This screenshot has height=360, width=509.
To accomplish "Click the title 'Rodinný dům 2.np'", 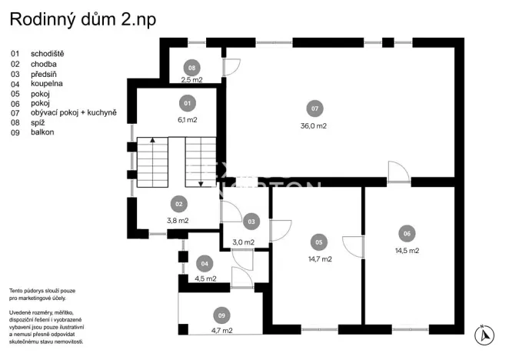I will coord(83,20).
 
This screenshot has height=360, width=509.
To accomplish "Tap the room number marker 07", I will coord(314,108).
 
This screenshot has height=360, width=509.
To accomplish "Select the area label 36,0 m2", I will coord(314,126).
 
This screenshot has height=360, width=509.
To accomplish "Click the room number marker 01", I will coord(187,102).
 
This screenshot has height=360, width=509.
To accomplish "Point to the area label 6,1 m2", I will coord(187,120).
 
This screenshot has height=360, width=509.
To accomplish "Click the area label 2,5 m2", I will coord(191,79).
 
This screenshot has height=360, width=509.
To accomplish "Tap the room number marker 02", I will coord(178,204).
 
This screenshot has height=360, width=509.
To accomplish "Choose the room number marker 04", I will coord(205,263).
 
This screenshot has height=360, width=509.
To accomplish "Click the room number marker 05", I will coord(317,242).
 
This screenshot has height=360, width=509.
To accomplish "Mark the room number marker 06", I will coord(407,233).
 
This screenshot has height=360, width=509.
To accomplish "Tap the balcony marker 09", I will coord(222,315).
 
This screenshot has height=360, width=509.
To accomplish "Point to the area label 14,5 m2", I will coord(407,251).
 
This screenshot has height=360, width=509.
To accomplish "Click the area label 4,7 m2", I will coord(222,330).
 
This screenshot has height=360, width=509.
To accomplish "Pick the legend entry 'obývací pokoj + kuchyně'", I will coord(73,112).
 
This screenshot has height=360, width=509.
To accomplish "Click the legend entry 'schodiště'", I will coord(48,54).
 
